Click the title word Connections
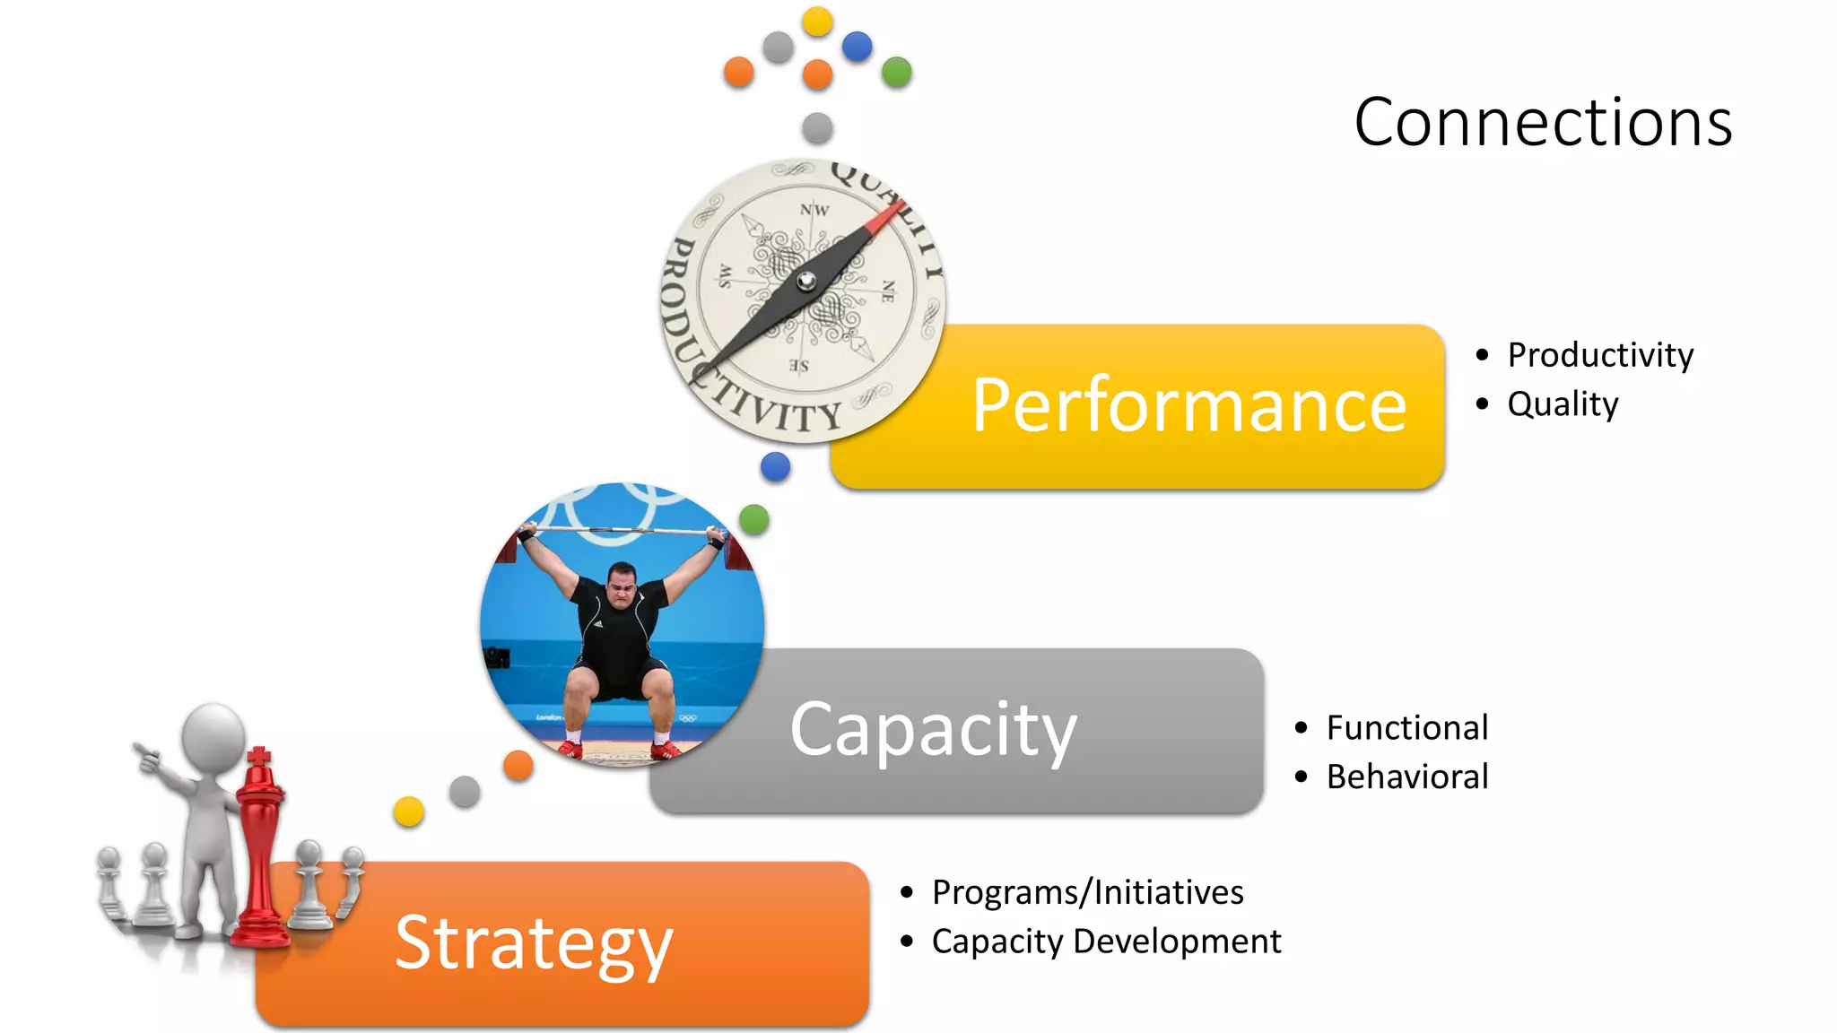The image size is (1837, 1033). [1543, 122]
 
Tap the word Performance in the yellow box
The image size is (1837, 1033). [1189, 405]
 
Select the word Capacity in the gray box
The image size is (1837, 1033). [933, 730]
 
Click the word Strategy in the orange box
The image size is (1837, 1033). [534, 943]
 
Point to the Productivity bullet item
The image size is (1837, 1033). [1600, 355]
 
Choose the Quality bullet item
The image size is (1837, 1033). [1563, 404]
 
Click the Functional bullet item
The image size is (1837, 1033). [1406, 727]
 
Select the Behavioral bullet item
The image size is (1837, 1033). [1406, 777]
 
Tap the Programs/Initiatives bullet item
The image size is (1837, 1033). [1087, 892]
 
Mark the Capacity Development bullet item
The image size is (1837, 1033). [1106, 942]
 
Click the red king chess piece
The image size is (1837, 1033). [260, 852]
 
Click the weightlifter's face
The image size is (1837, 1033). [622, 585]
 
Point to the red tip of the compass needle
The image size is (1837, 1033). [888, 215]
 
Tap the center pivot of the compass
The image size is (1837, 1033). [806, 282]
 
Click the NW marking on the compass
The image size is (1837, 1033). [814, 210]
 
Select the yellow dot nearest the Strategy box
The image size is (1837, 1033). [409, 812]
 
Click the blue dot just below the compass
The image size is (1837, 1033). [775, 466]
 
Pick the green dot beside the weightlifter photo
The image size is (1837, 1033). [754, 519]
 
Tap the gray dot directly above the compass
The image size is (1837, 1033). [817, 128]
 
